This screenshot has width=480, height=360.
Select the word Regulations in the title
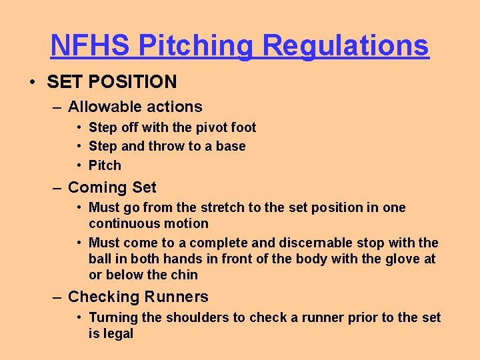click(345, 46)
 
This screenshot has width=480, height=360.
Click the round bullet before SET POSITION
click(32, 82)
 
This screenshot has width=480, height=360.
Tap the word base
click(231, 146)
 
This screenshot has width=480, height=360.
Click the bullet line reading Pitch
click(105, 165)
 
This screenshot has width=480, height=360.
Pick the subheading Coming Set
click(112, 188)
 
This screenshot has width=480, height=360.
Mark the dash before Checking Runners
click(59, 297)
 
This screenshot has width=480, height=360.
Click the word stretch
click(225, 207)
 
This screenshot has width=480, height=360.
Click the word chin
click(184, 275)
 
